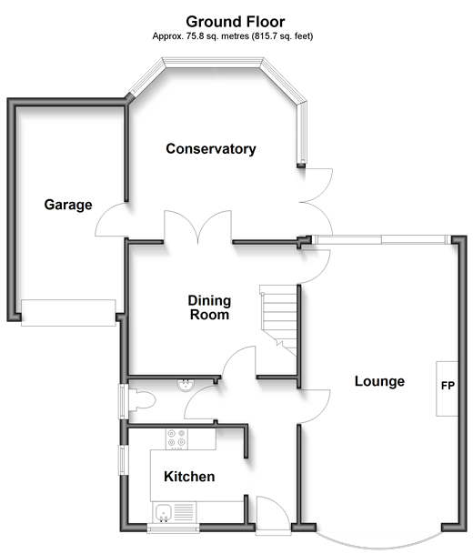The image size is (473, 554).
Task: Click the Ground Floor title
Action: click(x=236, y=22)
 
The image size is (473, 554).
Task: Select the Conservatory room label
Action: click(x=211, y=149)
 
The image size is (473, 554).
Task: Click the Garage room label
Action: click(x=68, y=205)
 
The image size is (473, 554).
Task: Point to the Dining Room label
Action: click(x=209, y=307)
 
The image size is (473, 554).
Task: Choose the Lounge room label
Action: click(x=379, y=381)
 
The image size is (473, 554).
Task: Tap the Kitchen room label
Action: click(x=189, y=477)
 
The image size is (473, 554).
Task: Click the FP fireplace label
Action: click(x=448, y=386)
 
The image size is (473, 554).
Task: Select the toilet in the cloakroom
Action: click(x=142, y=400)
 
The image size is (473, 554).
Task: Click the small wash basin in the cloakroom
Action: click(x=186, y=385)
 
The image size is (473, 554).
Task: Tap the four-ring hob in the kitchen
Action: click(x=176, y=439)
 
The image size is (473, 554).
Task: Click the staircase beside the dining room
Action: click(x=278, y=319)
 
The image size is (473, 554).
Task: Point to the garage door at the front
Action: click(x=68, y=313)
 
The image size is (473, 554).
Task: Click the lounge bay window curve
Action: click(x=378, y=540)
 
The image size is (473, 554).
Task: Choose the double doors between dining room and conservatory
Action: click(x=197, y=227)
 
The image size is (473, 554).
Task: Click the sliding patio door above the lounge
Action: click(x=381, y=239)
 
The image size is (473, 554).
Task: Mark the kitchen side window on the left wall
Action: click(x=123, y=460)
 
